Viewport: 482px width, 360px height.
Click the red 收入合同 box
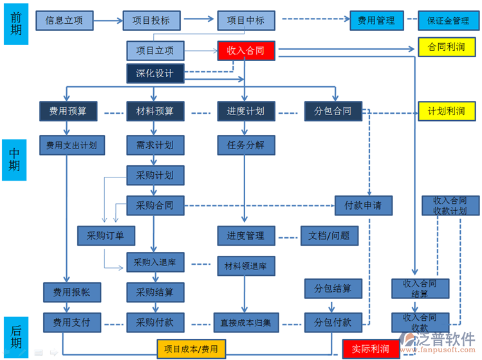point(246,50)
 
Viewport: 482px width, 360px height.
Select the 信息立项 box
point(64,20)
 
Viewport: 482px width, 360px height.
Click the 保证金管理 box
point(448,20)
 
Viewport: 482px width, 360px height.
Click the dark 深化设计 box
point(154,73)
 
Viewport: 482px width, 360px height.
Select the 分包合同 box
point(333,111)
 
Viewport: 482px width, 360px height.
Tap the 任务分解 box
point(245,144)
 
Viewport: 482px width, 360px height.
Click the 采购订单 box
point(106,235)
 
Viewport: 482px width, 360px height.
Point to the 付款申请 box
point(364,206)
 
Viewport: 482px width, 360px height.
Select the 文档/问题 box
point(329,235)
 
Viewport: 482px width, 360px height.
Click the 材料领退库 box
point(245,265)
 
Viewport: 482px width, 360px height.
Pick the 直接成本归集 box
point(245,322)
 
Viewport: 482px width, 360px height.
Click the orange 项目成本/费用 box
point(190,349)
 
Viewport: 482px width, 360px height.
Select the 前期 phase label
point(16,24)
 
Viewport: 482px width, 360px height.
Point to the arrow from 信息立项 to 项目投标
point(106,21)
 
